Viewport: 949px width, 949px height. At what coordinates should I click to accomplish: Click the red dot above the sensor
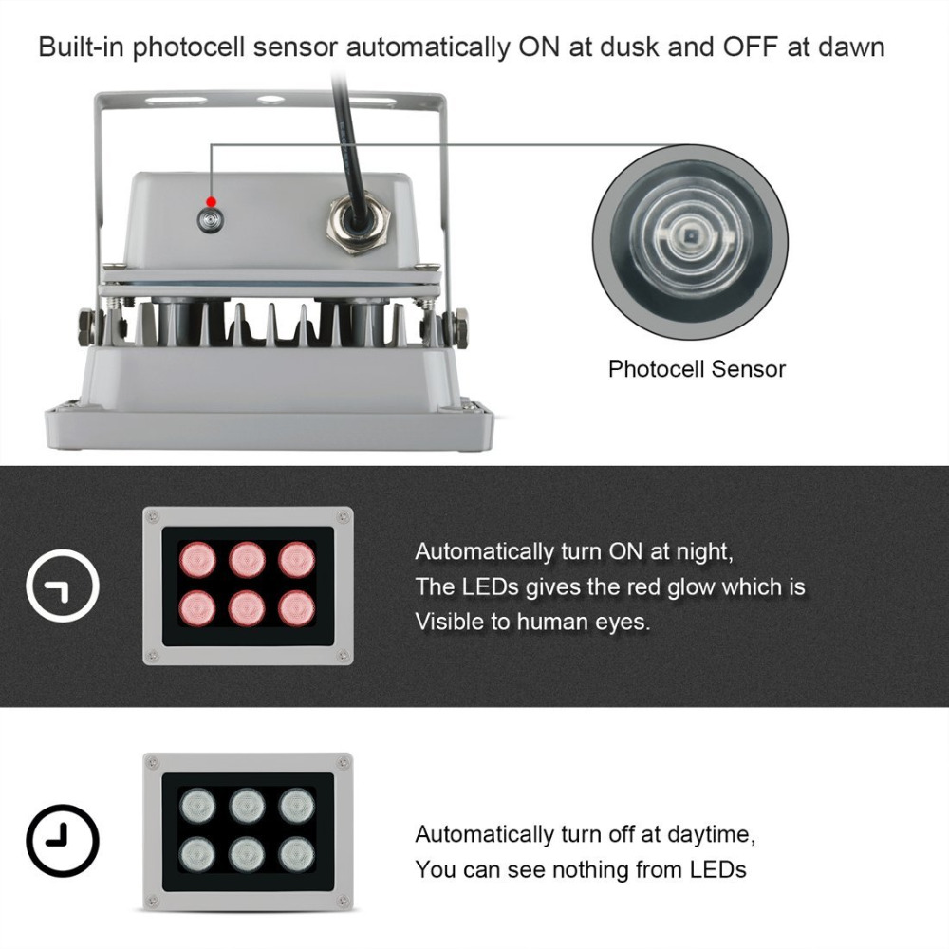(x=212, y=201)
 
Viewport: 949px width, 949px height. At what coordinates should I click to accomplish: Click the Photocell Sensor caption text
(x=697, y=369)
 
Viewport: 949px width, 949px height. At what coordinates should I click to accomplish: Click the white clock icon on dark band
(x=63, y=588)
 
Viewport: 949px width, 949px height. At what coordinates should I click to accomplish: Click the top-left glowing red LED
(x=197, y=559)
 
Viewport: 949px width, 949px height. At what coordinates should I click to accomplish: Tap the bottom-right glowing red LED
(x=298, y=607)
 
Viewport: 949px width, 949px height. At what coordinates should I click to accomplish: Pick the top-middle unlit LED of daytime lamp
(x=248, y=806)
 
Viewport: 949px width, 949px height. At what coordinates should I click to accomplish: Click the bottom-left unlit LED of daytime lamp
(x=197, y=853)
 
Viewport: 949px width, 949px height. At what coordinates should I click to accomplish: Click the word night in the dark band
(x=703, y=551)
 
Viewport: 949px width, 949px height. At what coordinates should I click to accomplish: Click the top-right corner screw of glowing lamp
(x=344, y=517)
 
